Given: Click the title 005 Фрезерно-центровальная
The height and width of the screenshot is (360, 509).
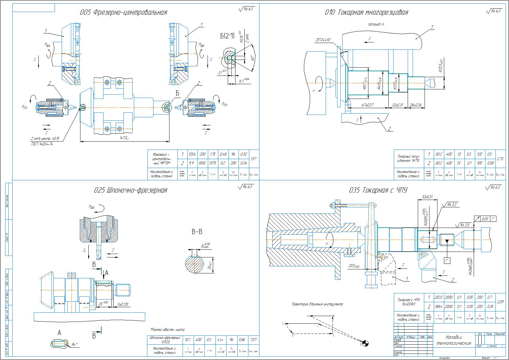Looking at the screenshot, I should (x=123, y=13).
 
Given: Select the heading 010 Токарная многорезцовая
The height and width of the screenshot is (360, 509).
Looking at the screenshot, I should (x=366, y=13).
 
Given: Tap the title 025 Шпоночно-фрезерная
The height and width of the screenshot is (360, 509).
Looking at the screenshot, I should (x=130, y=190).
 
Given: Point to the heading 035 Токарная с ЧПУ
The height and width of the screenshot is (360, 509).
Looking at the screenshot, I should (x=378, y=190).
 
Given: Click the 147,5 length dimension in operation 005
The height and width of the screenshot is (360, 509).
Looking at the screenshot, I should (x=124, y=139).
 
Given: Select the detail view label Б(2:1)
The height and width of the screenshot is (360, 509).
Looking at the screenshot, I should (x=227, y=36).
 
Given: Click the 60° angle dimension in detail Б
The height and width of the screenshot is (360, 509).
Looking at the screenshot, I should (x=252, y=58).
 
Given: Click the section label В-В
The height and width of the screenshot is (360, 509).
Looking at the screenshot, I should (x=197, y=232).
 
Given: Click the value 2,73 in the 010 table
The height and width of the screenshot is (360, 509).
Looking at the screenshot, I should (x=500, y=158).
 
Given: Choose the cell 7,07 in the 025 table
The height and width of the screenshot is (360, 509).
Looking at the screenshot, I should (x=253, y=339).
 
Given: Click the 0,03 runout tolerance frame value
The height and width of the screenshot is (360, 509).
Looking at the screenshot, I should (x=485, y=219).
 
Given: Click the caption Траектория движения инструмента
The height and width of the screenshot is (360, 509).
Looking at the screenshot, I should (x=317, y=304).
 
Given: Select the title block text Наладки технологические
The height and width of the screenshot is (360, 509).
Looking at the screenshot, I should (x=454, y=340).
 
